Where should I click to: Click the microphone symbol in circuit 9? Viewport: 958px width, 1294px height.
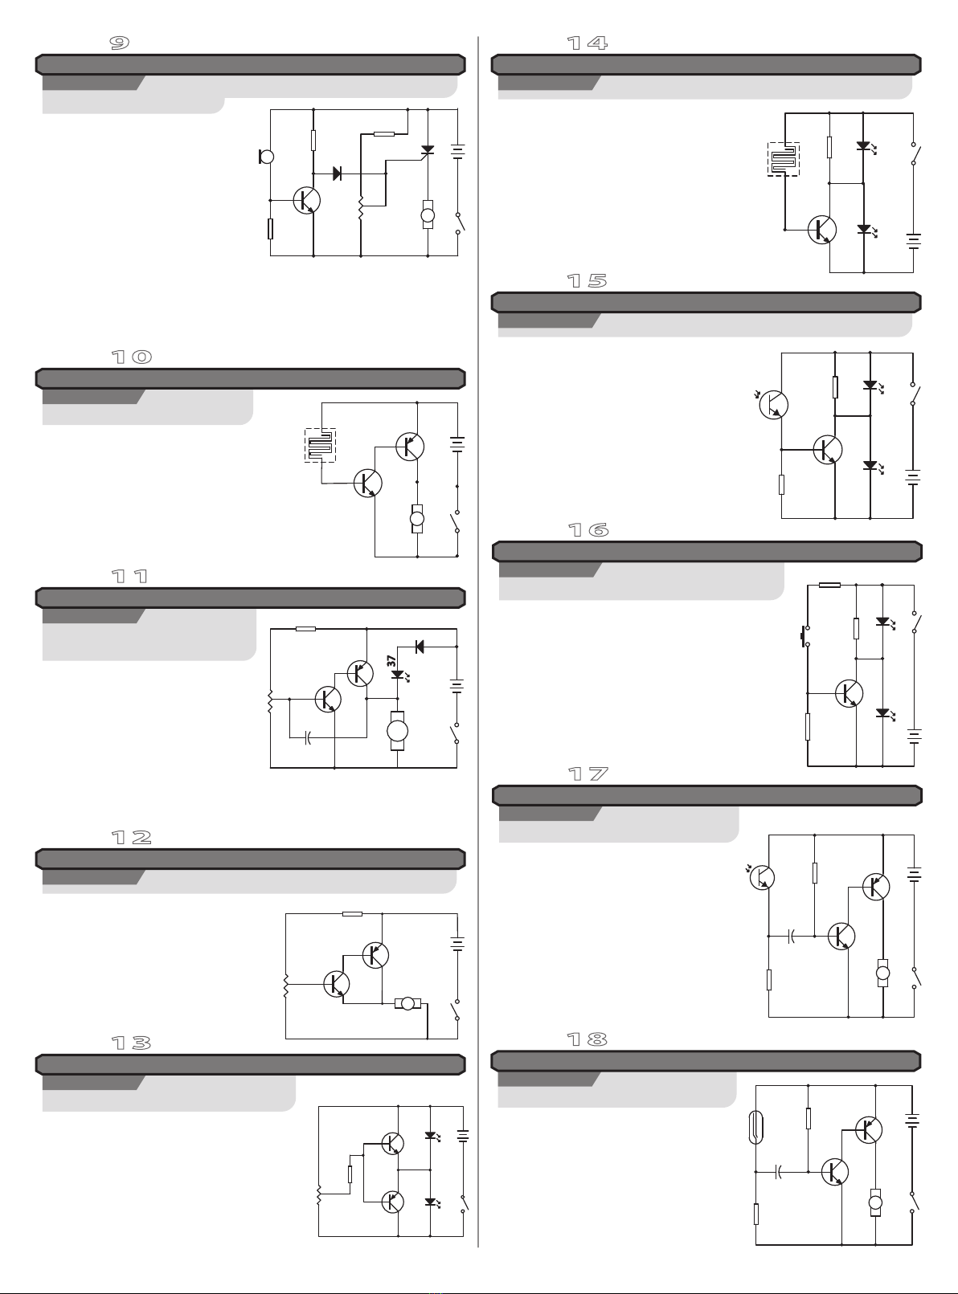266,157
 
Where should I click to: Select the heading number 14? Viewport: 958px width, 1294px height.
587,43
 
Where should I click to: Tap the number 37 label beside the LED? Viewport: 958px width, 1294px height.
391,661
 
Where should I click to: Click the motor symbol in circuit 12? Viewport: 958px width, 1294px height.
407,1003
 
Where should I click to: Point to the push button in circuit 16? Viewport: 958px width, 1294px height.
804,635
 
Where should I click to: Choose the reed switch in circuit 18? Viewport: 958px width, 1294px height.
756,1127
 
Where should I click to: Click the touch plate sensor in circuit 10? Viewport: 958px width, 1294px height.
320,445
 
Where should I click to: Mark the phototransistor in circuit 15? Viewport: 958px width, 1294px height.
773,404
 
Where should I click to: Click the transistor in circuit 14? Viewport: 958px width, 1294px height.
822,230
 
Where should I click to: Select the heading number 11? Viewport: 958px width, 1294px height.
130,577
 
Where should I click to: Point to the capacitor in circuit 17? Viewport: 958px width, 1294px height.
791,937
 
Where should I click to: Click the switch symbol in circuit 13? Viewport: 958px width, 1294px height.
464,1203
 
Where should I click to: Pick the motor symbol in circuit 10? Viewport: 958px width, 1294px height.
417,519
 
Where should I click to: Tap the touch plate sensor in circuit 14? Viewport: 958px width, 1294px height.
784,159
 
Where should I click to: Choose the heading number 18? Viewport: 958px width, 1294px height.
587,1039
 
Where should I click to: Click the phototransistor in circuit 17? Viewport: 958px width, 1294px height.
761,877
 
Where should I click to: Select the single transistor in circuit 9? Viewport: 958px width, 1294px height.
306,201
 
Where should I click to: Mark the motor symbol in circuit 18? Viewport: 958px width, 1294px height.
876,1202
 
